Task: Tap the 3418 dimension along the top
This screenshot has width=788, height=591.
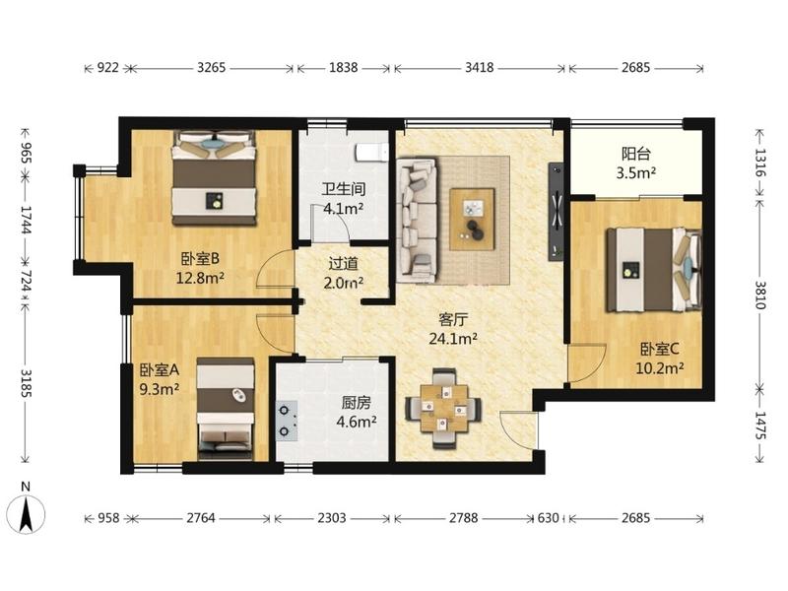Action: (x=479, y=67)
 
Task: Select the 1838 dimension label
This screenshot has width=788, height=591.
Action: (x=343, y=67)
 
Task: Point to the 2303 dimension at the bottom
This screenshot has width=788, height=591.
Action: (x=332, y=518)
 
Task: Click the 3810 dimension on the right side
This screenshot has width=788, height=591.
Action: (x=760, y=295)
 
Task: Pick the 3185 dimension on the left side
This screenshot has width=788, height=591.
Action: (x=26, y=383)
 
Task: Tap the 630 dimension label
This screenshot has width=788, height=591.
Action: (x=548, y=518)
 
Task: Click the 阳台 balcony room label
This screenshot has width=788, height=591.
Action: (x=635, y=154)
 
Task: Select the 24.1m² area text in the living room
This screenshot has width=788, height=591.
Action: (x=453, y=339)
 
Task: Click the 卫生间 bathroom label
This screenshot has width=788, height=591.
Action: (x=343, y=189)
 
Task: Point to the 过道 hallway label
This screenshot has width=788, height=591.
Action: (x=343, y=263)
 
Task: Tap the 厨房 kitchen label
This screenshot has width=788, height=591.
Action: (x=357, y=403)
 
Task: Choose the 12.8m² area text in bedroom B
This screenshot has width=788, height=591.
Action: (x=200, y=278)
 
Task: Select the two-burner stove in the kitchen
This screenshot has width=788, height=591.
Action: (x=286, y=421)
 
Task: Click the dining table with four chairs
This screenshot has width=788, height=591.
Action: (x=444, y=408)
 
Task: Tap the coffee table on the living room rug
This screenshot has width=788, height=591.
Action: (x=472, y=219)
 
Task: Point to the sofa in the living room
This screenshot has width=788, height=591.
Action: (x=417, y=221)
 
